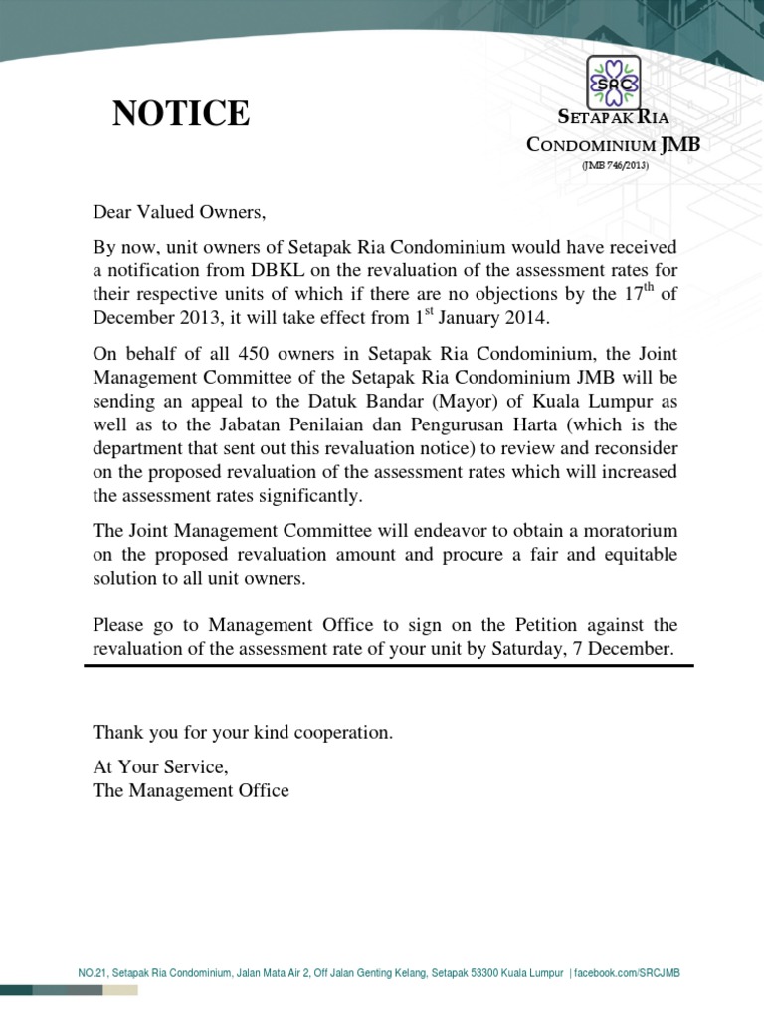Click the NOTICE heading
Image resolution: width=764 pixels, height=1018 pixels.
(181, 114)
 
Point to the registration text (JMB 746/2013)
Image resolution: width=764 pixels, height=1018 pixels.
(615, 166)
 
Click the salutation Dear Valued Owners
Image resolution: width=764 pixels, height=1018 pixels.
(180, 211)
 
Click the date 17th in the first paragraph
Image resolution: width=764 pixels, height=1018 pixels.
(631, 294)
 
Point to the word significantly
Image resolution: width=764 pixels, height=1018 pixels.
(308, 495)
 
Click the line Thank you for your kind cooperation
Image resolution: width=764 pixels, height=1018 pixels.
(243, 733)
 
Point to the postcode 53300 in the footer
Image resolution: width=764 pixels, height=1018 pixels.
(494, 972)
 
